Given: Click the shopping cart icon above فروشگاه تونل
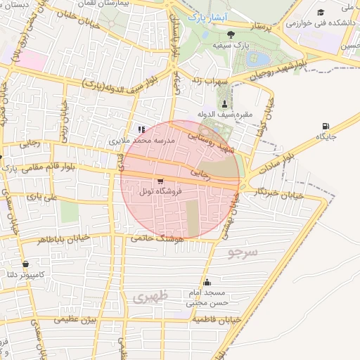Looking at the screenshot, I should tap(161, 181).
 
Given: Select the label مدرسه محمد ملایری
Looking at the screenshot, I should tap(141, 141).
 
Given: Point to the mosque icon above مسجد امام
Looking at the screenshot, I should tap(206, 283).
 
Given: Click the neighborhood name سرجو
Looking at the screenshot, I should tap(243, 251).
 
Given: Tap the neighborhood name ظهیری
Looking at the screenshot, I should tap(150, 298).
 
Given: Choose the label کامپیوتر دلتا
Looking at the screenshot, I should tap(26, 274).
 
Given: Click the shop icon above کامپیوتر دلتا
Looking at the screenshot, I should tap(26, 264).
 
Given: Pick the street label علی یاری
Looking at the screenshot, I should tap(41, 198).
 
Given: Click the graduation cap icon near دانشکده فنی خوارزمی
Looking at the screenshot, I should tap(321, 13).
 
